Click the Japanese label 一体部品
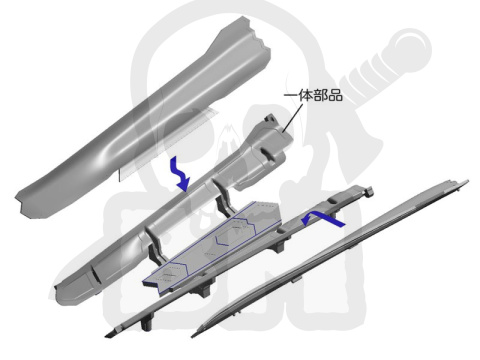[313, 96]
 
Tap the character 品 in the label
[336, 96]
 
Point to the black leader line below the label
[292, 118]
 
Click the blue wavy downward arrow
[180, 175]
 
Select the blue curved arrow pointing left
[322, 219]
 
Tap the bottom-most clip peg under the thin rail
[147, 323]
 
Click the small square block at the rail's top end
[369, 191]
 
